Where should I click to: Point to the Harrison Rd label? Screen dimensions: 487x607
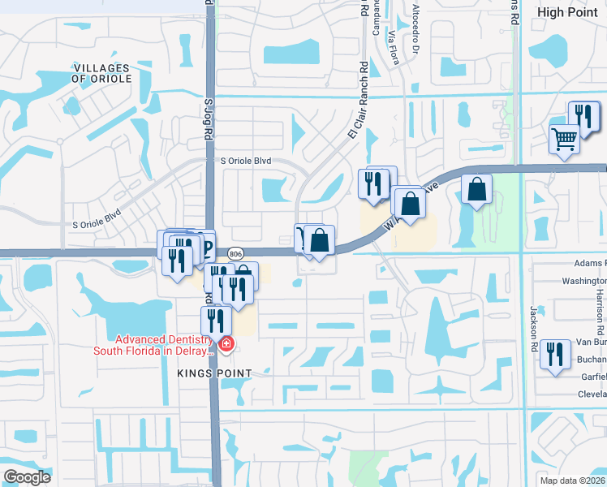tap(599, 308)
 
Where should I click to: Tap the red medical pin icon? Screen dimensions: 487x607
tap(226, 347)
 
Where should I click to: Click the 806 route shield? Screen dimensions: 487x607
tap(235, 254)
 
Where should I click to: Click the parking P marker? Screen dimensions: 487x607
tap(205, 245)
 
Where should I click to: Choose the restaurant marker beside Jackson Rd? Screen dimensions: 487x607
tap(555, 354)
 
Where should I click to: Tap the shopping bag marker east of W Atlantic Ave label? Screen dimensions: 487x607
tap(476, 189)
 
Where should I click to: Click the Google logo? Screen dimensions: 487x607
tap(28, 476)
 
